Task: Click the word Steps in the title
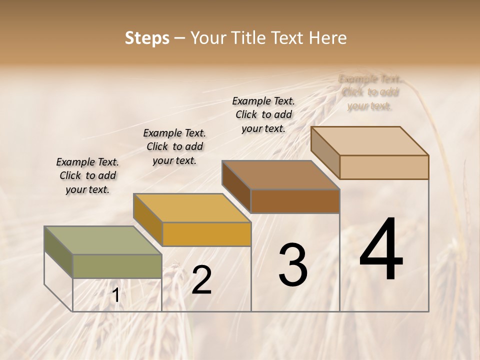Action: (x=146, y=38)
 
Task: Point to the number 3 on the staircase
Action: (x=292, y=265)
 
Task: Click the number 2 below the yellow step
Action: (x=201, y=280)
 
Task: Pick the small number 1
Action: (x=115, y=295)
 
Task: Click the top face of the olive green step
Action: (x=103, y=240)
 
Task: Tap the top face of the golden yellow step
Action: (x=192, y=207)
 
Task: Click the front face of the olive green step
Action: (x=117, y=266)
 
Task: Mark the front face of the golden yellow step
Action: (x=206, y=234)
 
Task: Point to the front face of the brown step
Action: (x=295, y=201)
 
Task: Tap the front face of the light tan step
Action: (x=384, y=167)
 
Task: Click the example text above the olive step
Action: (x=87, y=175)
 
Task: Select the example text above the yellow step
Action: (x=174, y=146)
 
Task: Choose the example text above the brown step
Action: (x=263, y=114)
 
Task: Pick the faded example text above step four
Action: (x=369, y=92)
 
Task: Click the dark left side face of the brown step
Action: (x=236, y=186)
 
